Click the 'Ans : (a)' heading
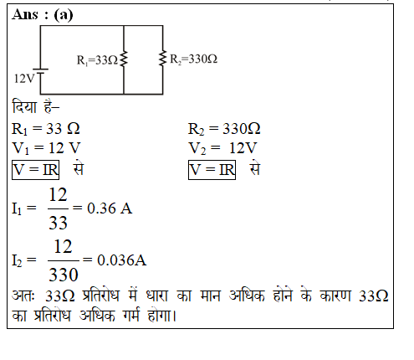[43, 14]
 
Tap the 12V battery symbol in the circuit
[41, 71]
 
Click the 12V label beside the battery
[24, 79]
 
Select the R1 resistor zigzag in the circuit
[124, 59]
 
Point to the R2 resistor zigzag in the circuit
[162, 59]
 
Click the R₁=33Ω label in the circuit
[97, 60]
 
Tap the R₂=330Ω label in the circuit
[193, 59]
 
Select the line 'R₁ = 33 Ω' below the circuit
[46, 129]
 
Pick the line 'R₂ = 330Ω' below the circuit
[224, 129]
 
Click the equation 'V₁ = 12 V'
[46, 148]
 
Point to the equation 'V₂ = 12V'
[222, 148]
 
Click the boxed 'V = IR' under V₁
[35, 170]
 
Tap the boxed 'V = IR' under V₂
[212, 170]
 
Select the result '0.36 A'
[110, 208]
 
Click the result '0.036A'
[122, 260]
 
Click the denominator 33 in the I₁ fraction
[58, 223]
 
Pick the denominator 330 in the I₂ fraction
[64, 275]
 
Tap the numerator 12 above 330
[63, 246]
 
